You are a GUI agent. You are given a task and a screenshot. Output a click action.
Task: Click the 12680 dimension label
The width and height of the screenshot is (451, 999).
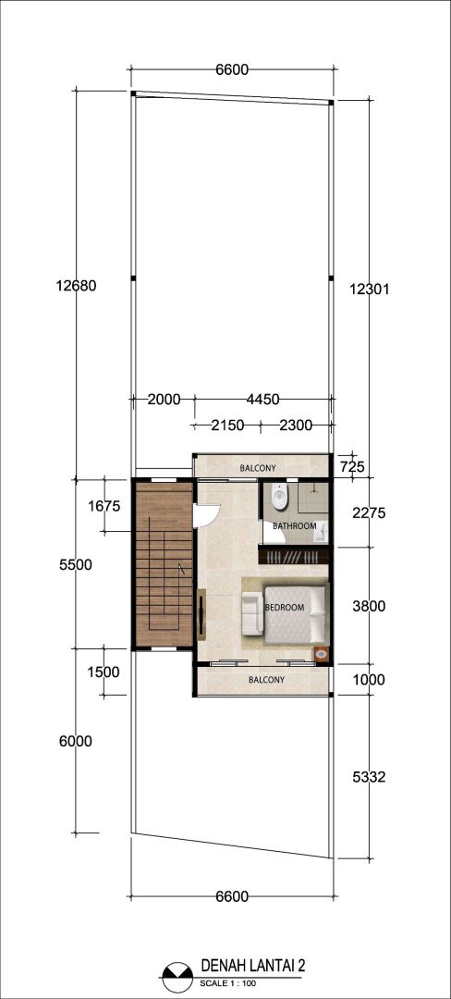(76, 286)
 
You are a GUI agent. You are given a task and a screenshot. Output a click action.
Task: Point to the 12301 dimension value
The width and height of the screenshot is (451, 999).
(369, 289)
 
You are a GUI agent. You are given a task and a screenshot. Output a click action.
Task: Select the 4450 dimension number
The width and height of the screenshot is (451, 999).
(262, 400)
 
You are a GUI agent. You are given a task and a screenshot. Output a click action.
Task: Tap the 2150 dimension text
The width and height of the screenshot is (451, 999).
(227, 425)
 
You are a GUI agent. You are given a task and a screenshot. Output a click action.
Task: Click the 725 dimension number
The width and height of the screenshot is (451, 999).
(352, 467)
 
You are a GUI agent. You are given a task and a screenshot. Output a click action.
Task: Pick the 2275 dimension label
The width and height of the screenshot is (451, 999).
(369, 513)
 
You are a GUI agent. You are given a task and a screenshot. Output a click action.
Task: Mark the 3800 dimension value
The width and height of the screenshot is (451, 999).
(369, 607)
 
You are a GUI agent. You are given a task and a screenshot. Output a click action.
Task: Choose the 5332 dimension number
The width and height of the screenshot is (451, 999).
(369, 777)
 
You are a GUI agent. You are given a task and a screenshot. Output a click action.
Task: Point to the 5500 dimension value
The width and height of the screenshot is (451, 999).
(76, 564)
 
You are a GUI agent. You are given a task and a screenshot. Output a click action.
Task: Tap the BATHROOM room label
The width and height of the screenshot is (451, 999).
(295, 526)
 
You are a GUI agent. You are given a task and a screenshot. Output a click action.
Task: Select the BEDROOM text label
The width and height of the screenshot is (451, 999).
(285, 607)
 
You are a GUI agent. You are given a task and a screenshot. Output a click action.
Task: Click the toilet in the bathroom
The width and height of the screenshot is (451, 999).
(278, 497)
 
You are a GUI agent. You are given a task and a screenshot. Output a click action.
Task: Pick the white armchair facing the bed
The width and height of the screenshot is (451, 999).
(252, 613)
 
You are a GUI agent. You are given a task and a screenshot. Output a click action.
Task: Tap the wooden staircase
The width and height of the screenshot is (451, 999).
(165, 564)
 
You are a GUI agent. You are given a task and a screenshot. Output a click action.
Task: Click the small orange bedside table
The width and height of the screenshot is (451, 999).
(322, 654)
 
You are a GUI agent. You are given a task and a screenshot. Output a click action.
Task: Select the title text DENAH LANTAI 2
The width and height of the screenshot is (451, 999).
(253, 966)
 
